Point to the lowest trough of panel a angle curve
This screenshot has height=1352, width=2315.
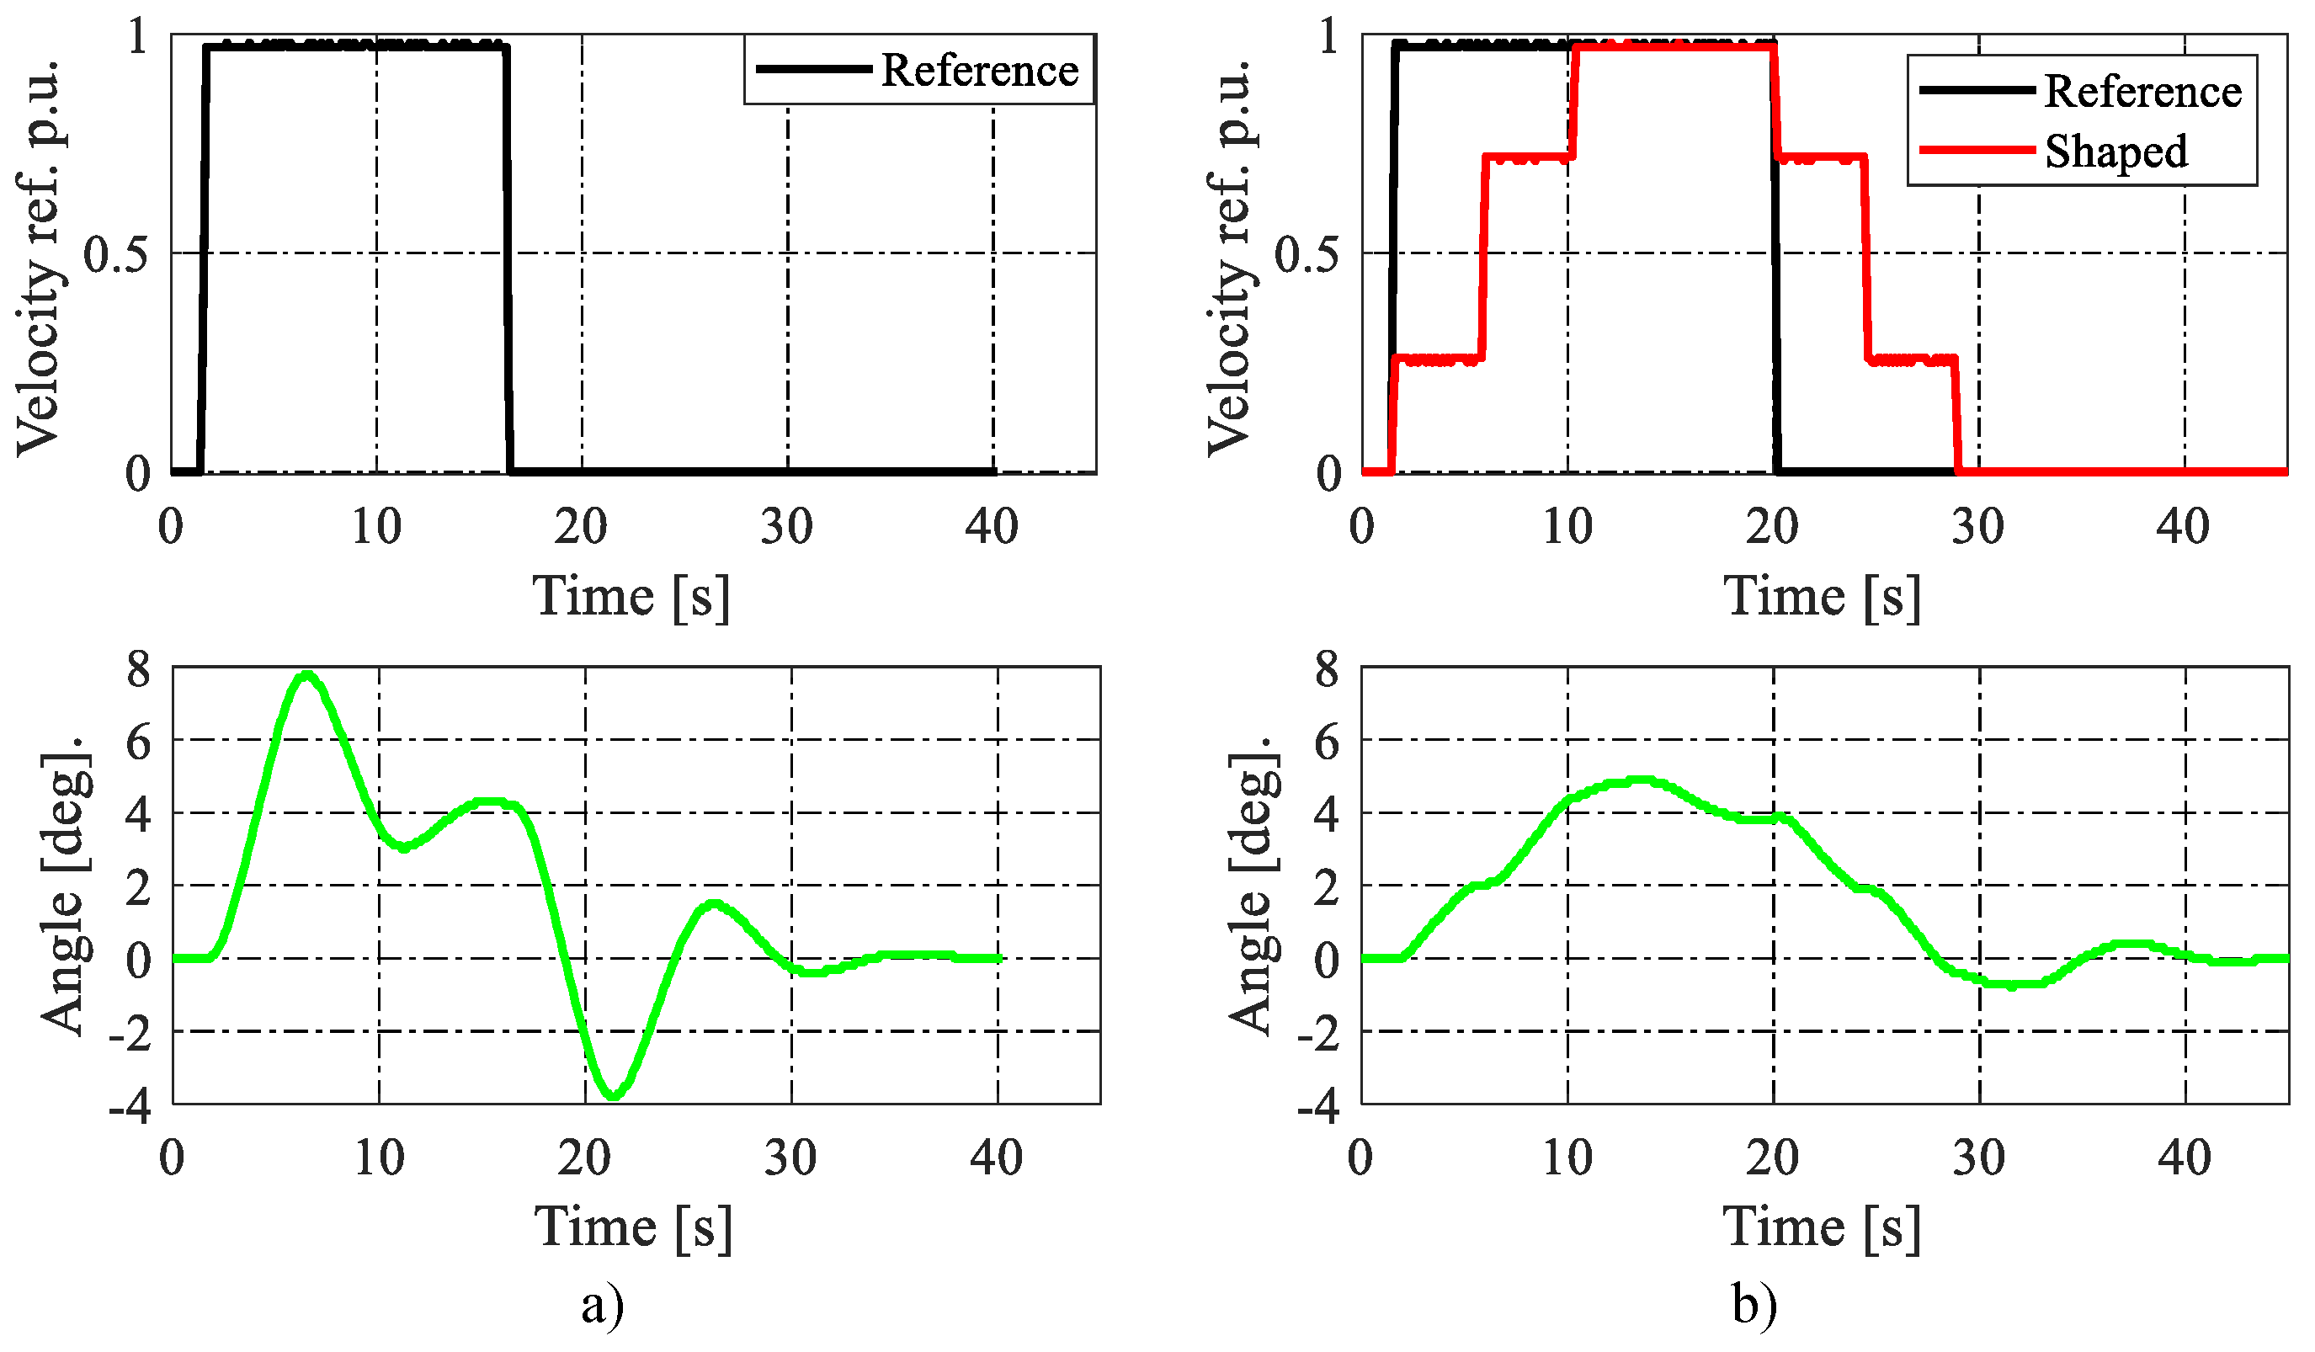coord(614,1095)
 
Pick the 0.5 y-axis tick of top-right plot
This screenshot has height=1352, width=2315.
coord(1306,253)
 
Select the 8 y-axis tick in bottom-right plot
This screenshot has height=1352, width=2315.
coord(1328,668)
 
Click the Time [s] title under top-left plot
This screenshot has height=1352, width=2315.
coord(632,596)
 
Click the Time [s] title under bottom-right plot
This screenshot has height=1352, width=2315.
coord(1822,1227)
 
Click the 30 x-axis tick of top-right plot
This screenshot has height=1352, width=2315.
coord(1978,526)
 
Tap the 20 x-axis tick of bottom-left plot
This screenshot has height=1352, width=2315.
coord(583,1158)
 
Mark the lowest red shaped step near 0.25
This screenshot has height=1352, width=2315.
coord(1438,359)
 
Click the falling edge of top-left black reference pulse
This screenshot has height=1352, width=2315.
coord(507,257)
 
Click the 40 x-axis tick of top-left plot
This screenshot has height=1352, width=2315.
coord(993,526)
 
